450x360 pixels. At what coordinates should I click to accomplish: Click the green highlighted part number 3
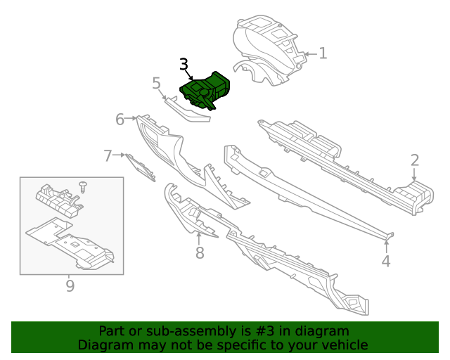coord(205,90)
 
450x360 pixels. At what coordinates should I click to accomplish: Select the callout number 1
coord(323,53)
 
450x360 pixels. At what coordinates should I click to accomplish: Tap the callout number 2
coord(415,160)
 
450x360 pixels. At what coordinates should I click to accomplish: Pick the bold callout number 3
coord(184,64)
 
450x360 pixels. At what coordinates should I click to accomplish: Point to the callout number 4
coord(386,261)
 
